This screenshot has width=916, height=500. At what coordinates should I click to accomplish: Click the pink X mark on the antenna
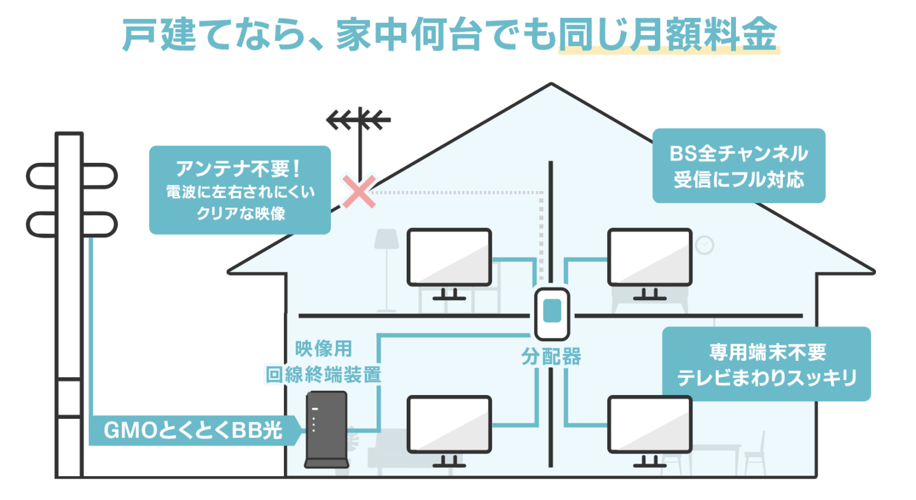(359, 192)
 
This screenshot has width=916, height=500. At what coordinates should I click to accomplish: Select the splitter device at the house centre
(552, 313)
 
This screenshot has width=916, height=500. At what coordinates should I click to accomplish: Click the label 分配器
(551, 357)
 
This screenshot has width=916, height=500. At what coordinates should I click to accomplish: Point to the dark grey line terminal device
(326, 428)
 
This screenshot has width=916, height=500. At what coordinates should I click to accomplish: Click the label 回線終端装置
(323, 375)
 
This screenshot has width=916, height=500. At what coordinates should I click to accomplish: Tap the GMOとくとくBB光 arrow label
(193, 430)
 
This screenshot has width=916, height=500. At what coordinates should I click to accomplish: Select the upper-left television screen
(449, 257)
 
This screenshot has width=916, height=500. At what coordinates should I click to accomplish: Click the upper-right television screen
(649, 257)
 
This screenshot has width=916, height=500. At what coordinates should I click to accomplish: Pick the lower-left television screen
(449, 424)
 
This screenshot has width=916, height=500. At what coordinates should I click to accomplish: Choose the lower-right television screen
(649, 424)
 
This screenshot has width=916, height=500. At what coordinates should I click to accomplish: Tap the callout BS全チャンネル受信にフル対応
(738, 166)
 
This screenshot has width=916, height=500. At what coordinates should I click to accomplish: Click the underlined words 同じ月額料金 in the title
(668, 35)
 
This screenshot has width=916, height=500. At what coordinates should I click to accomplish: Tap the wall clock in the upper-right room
(704, 245)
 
